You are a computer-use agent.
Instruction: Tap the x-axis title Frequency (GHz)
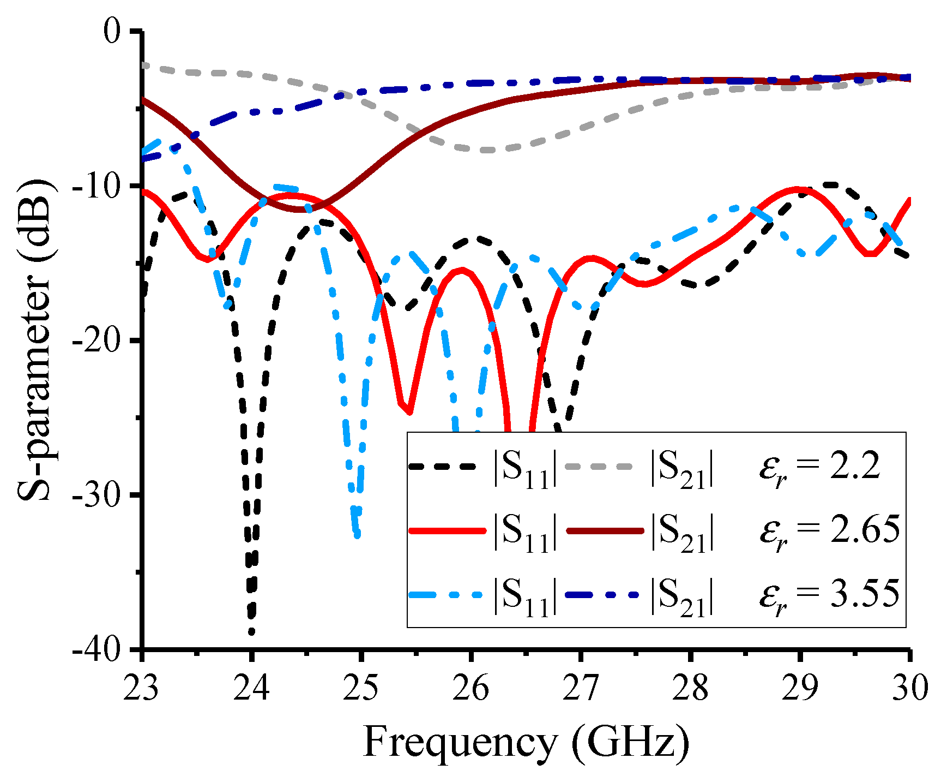[526, 742]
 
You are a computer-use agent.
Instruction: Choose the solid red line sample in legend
[446, 530]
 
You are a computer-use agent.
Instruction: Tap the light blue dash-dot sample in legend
[446, 594]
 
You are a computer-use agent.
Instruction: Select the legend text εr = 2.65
[829, 531]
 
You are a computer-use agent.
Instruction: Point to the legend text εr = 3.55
[829, 595]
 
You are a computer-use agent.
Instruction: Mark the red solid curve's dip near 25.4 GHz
[408, 412]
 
